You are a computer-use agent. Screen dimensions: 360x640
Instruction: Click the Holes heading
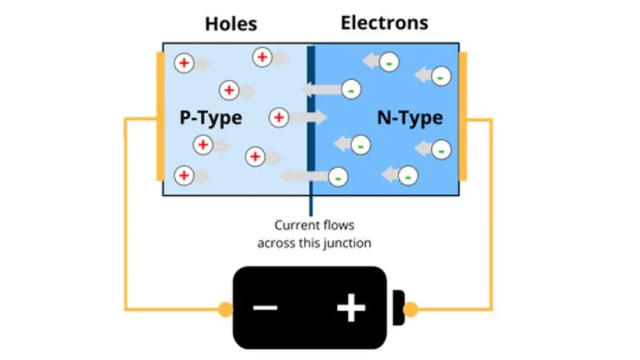pyautogui.click(x=230, y=23)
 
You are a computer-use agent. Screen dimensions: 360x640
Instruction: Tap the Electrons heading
pyautogui.click(x=384, y=22)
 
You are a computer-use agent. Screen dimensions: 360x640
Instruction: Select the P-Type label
pyautogui.click(x=210, y=118)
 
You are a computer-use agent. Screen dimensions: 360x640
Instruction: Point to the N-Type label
pyautogui.click(x=410, y=118)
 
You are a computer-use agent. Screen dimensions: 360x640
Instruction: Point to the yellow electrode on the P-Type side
pyautogui.click(x=160, y=116)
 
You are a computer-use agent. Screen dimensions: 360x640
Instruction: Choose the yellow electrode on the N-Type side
pyautogui.click(x=463, y=116)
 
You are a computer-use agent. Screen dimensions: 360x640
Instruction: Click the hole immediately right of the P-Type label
pyautogui.click(x=278, y=118)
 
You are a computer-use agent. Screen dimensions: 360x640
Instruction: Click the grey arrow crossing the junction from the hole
pyautogui.click(x=310, y=118)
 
